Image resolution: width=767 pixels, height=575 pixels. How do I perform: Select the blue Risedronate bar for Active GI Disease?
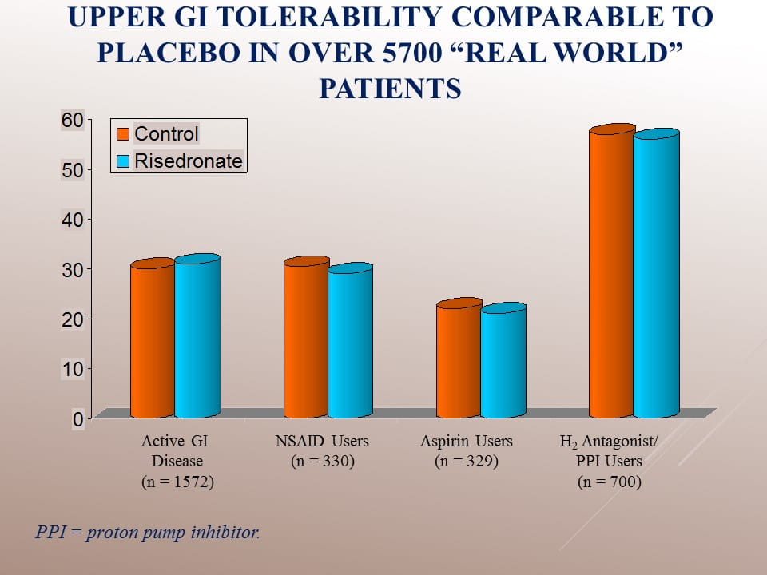coord(197,339)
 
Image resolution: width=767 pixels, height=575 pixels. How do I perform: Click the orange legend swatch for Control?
coord(123,133)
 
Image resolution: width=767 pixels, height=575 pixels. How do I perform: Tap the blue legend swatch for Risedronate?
coord(123,161)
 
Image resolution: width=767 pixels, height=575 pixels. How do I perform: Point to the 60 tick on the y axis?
coord(72,120)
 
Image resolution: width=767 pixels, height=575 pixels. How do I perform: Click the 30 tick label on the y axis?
coord(72,269)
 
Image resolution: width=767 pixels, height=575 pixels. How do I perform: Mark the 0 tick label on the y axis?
coord(77,418)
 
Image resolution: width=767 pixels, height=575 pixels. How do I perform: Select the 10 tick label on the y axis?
coord(72,369)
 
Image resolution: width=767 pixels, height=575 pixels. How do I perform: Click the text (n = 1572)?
coord(177,482)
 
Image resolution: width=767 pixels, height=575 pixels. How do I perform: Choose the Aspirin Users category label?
coord(467,441)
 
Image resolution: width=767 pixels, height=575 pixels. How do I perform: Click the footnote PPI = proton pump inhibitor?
coord(149,532)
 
